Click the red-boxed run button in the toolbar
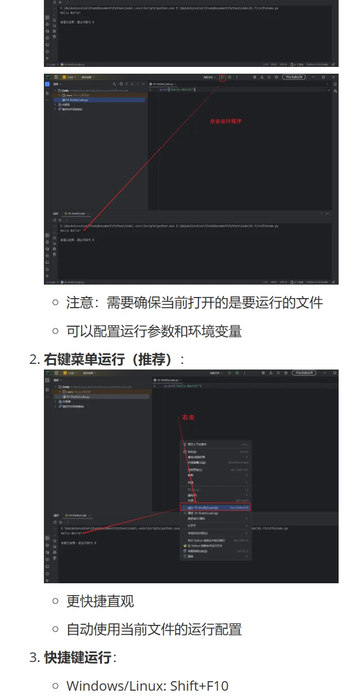(x=223, y=77)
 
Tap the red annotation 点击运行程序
(x=225, y=121)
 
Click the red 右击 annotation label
(x=187, y=418)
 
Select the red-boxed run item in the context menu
(x=215, y=507)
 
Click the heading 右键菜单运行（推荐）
(x=114, y=359)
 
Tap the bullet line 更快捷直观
(x=100, y=601)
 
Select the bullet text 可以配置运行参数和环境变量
(x=154, y=331)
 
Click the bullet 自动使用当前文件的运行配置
(x=154, y=629)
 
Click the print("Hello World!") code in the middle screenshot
(x=177, y=90)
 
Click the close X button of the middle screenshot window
(x=334, y=77)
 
